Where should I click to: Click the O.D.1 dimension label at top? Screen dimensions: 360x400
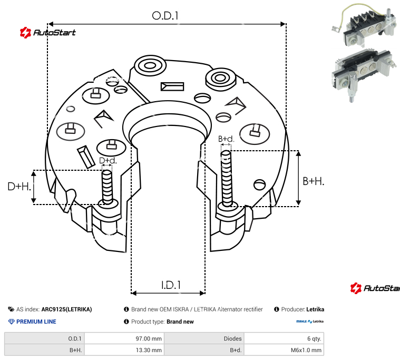click(165, 16)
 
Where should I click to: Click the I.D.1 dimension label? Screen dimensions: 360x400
click(171, 285)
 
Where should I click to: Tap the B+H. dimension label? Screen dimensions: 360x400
click(314, 181)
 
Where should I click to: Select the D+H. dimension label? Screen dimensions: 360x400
click(19, 187)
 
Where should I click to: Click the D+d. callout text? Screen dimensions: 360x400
click(108, 160)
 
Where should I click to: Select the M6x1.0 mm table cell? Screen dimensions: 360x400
click(306, 349)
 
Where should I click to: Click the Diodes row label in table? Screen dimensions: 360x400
click(232, 338)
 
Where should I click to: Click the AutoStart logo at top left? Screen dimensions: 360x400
click(47, 33)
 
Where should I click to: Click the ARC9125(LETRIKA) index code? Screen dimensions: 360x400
click(66, 309)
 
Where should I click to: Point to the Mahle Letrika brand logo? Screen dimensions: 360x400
click(310, 321)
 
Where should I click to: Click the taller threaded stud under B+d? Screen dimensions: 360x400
click(226, 180)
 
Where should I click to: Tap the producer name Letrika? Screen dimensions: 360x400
click(315, 309)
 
